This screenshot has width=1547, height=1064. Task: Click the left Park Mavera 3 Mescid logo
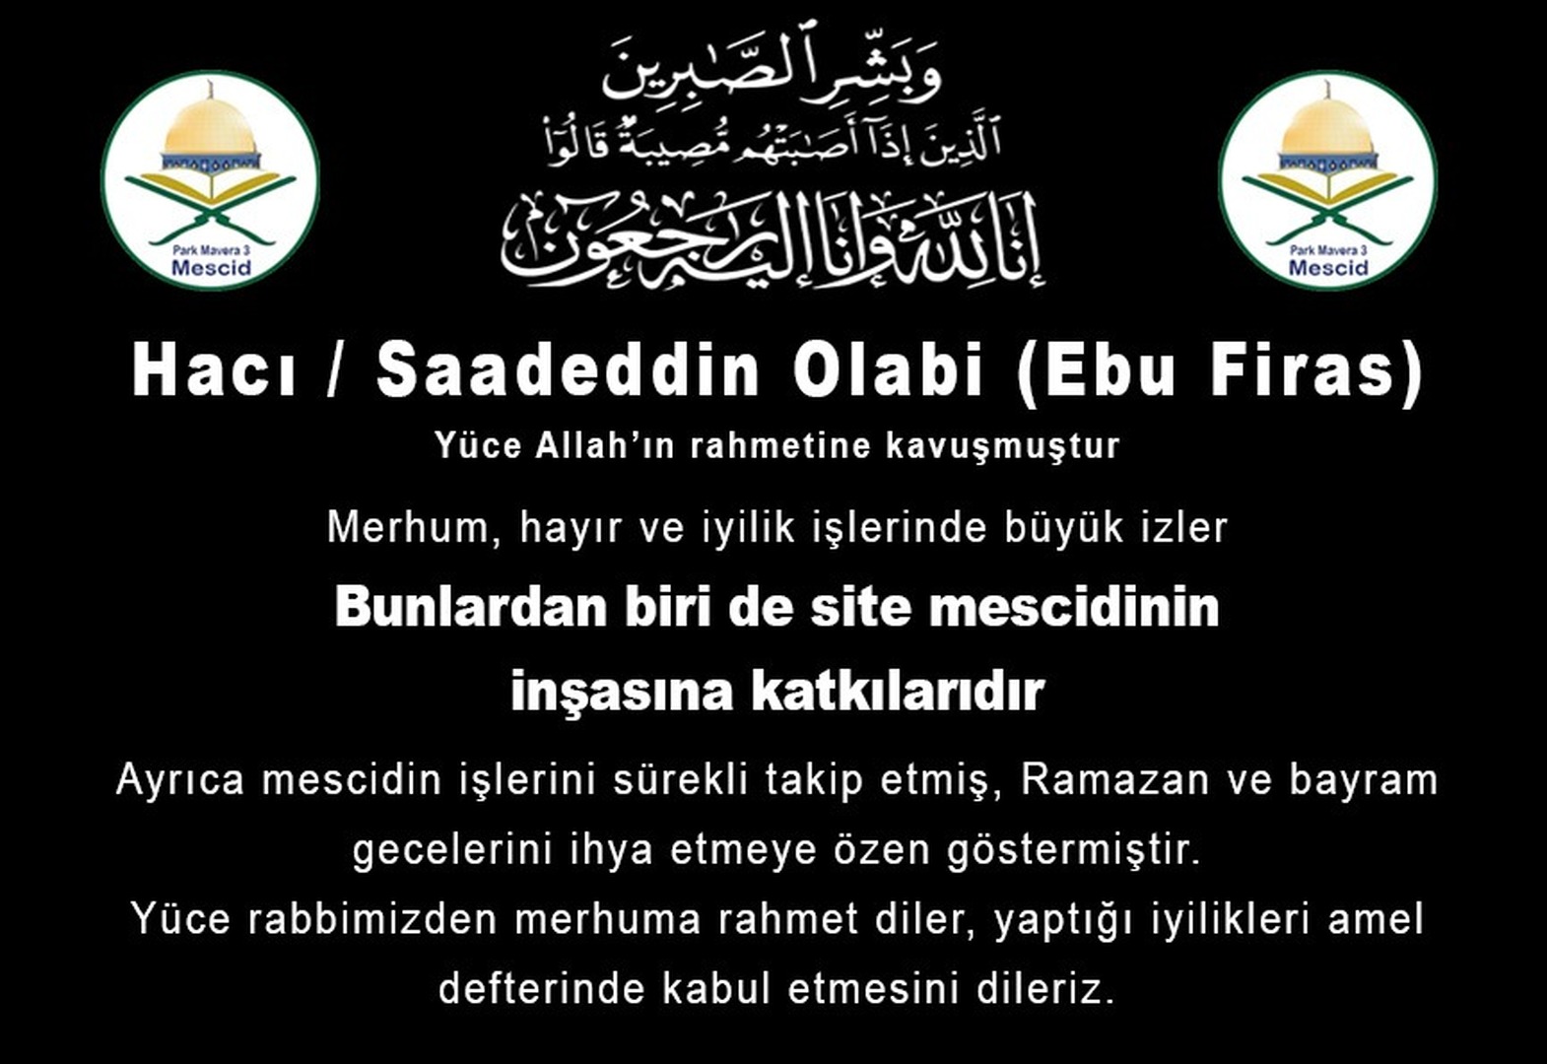[211, 180]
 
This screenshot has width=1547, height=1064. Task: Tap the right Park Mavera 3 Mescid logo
[1328, 180]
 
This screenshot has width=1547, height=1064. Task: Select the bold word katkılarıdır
[898, 692]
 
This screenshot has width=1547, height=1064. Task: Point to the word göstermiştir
[1073, 851]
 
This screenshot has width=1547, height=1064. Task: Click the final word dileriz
[1045, 989]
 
